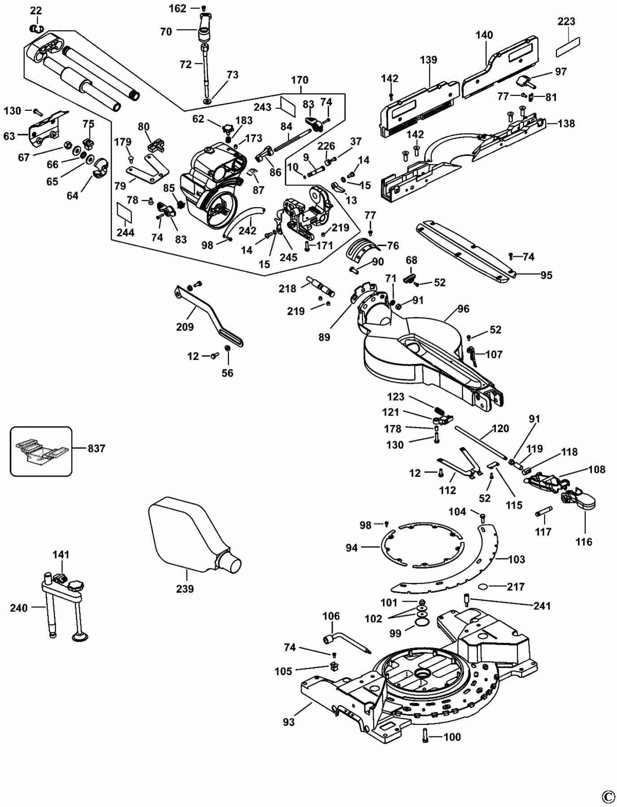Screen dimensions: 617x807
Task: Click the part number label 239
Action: [x=185, y=588]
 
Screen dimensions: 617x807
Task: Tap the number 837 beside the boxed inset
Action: [x=96, y=448]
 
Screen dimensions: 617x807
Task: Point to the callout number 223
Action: [x=567, y=21]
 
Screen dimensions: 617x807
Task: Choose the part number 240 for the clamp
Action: [x=19, y=608]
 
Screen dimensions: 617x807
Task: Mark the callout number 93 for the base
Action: [x=289, y=722]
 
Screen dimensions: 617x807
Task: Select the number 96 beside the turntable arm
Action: [x=463, y=308]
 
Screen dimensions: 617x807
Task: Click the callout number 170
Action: [x=300, y=80]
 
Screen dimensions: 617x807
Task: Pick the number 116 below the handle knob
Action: [x=585, y=542]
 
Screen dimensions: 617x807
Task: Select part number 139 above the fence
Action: [x=429, y=60]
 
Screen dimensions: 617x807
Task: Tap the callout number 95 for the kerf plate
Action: [x=546, y=275]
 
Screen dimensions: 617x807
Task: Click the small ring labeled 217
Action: [x=484, y=586]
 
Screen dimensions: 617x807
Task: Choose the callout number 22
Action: [x=36, y=10]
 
